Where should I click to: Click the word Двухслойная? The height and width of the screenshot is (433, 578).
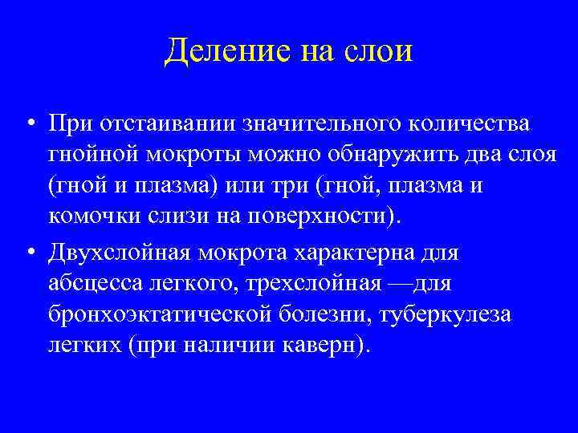tap(124, 254)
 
